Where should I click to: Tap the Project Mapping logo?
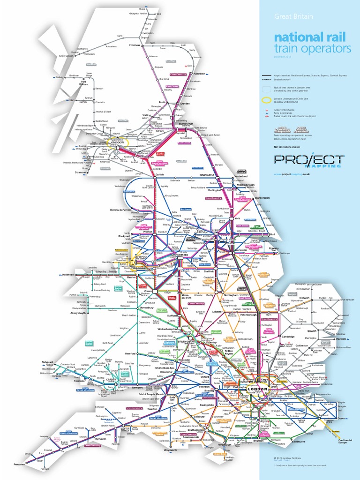click(x=308, y=161)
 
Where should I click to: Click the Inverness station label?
click(x=135, y=45)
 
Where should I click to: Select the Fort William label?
click(x=84, y=83)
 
